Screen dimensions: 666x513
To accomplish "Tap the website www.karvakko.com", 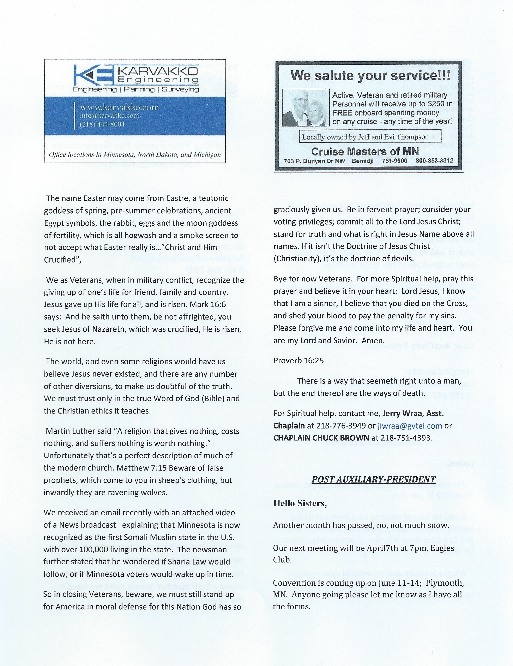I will [x=119, y=107].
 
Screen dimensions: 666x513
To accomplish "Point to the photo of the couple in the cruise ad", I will [x=306, y=108].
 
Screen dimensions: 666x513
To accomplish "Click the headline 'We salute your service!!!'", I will [x=370, y=75].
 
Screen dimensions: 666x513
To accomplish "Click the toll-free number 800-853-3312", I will [x=434, y=161].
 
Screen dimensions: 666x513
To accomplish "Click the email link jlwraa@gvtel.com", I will [x=409, y=426].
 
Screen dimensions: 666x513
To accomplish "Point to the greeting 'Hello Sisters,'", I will [x=300, y=503].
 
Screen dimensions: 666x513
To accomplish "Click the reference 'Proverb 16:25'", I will [x=298, y=361].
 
